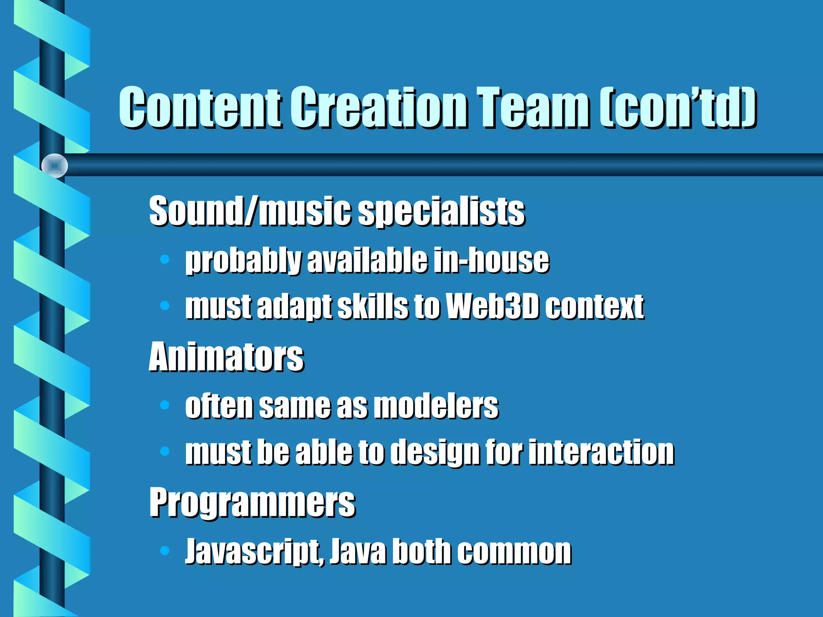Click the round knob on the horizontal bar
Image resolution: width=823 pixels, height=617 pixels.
pos(55,165)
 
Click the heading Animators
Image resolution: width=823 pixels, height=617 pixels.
pos(226,357)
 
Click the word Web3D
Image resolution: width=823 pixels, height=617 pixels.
pos(492,306)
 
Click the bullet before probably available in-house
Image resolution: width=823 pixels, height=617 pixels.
pos(164,259)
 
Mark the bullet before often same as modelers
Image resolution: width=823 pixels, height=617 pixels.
pos(164,405)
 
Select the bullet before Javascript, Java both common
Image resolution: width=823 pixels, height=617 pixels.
pos(164,550)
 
